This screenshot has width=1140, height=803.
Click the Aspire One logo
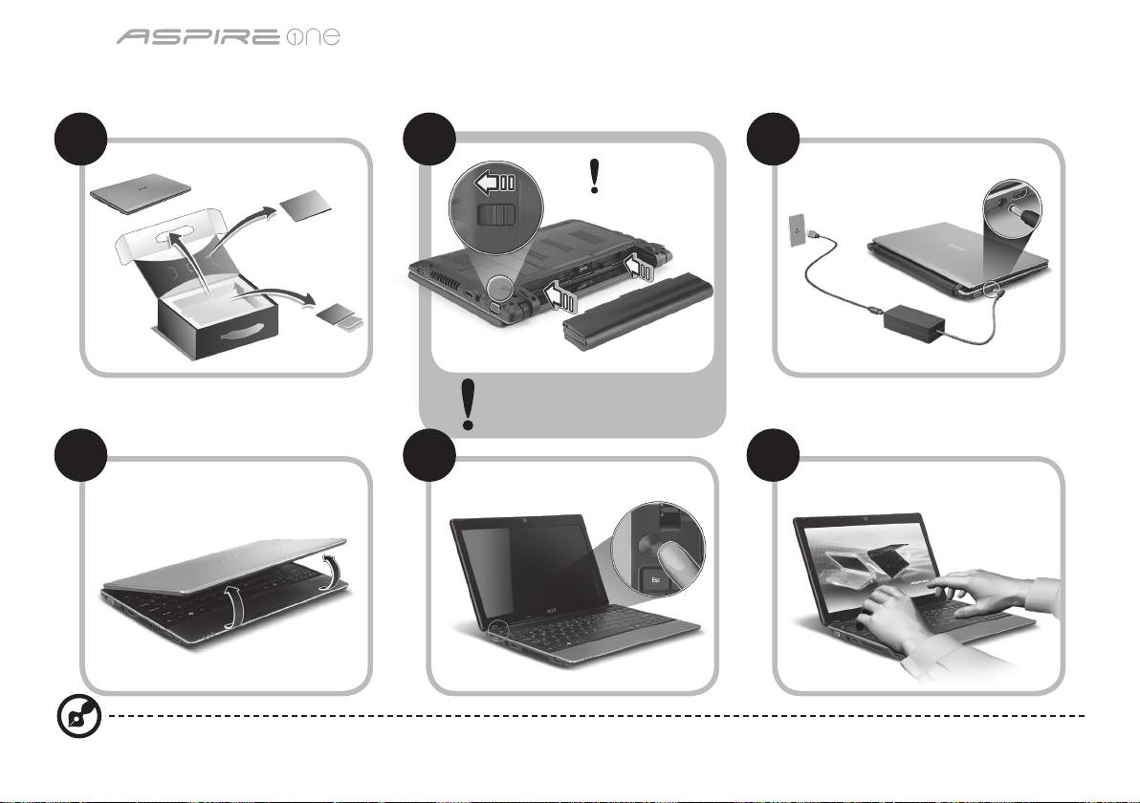pos(229,36)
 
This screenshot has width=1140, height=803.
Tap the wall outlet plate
pos(799,230)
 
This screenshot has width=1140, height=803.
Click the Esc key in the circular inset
pos(653,580)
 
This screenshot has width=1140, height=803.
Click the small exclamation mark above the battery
pos(595,177)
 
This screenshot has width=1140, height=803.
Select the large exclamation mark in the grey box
pos(469,404)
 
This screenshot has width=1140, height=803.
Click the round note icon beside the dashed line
pos(79,717)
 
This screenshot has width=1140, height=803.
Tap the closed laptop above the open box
pos(141,193)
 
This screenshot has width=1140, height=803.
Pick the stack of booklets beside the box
pos(340,316)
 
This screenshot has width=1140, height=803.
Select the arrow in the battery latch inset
pos(495,182)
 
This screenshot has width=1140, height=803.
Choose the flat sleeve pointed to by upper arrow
pos(305,206)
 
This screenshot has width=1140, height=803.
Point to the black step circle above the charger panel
pos(774,139)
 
